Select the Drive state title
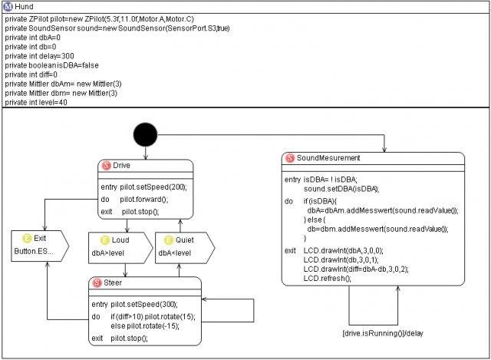(x=121, y=166)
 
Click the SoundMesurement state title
(x=328, y=158)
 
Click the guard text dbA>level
(x=109, y=252)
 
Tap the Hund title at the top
(x=25, y=6)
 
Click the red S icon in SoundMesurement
(x=290, y=158)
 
